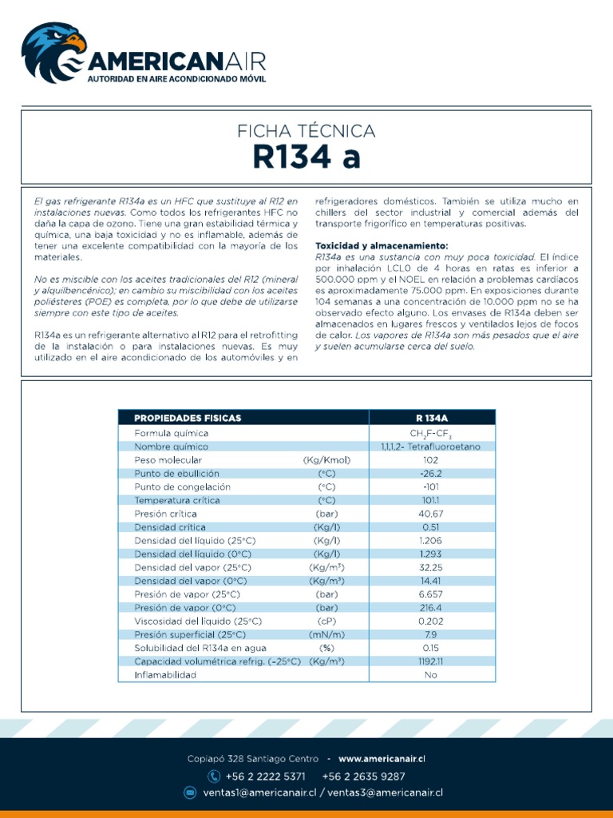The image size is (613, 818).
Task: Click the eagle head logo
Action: [53, 51]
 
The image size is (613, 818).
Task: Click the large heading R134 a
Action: [306, 157]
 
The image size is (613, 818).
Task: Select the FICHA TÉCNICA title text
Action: [306, 131]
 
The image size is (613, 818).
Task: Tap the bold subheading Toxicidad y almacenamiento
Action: [382, 245]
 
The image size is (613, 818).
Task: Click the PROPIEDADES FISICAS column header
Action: [188, 418]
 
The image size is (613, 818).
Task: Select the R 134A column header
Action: [432, 418]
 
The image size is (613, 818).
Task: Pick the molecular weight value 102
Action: [432, 460]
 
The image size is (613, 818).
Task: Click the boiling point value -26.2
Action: [432, 474]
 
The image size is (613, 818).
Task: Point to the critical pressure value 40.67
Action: [432, 514]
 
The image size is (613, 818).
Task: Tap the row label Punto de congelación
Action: [183, 486]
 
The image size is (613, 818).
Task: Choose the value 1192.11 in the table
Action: [432, 661]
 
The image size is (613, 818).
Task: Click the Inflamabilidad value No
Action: [432, 675]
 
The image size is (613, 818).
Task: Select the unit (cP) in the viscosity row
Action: [326, 621]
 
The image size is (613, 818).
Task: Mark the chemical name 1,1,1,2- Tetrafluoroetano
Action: [432, 447]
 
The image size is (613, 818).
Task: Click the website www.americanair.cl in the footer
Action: [382, 759]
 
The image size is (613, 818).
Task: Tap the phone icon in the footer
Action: [213, 776]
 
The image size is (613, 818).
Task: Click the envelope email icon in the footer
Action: [190, 792]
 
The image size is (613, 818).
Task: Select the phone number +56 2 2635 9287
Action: [363, 776]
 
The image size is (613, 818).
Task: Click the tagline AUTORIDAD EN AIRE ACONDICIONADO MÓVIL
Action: [176, 80]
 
